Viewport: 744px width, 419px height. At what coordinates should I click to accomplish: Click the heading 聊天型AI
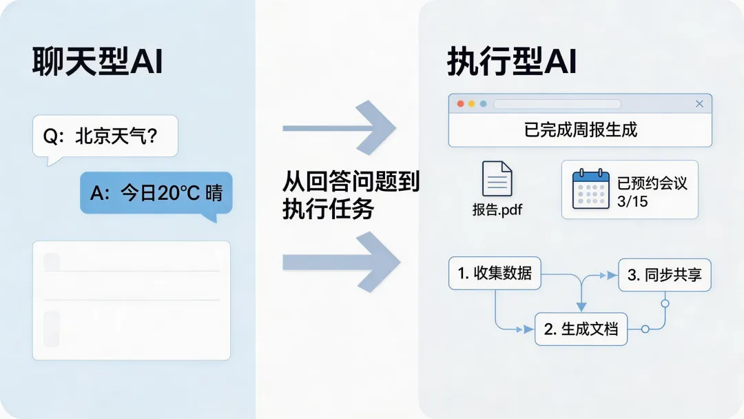tap(97, 63)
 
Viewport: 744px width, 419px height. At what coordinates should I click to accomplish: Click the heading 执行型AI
tap(511, 63)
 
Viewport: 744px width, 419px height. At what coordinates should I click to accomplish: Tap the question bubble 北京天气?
tap(105, 136)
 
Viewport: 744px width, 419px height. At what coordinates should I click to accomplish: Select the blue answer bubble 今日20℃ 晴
tap(156, 192)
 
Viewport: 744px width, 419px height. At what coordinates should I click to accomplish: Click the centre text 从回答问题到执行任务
tap(351, 195)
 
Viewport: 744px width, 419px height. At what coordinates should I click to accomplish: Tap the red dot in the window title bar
tap(460, 104)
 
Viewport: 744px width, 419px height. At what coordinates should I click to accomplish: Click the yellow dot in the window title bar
tap(472, 104)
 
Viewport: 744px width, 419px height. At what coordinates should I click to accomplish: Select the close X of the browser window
tap(699, 104)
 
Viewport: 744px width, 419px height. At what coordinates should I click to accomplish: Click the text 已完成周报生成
tap(581, 130)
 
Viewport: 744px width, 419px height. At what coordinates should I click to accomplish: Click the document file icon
tap(497, 179)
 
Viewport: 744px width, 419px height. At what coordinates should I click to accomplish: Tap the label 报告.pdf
tap(497, 209)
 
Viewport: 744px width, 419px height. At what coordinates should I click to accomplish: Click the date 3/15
tap(633, 203)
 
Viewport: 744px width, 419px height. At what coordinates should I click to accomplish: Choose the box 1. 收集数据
tap(495, 273)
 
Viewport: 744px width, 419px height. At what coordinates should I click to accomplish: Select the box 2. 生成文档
tap(581, 329)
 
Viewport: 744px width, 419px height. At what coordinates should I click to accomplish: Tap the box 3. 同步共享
tap(664, 275)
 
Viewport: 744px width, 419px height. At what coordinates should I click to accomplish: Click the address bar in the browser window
tap(557, 104)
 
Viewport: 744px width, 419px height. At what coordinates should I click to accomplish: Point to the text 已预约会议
tap(652, 183)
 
